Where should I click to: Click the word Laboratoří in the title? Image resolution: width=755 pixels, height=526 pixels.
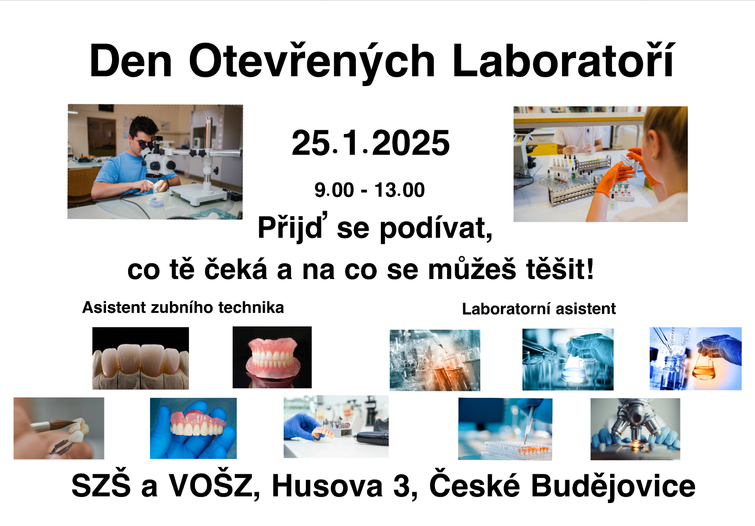[564, 60]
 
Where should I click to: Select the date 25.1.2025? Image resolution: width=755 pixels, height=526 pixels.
[371, 143]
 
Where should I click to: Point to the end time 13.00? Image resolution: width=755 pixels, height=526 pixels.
[400, 190]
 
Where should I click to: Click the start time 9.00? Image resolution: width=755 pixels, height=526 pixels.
[334, 190]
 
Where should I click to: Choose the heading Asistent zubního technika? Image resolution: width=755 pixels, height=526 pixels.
[183, 307]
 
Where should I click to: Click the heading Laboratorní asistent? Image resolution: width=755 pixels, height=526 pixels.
[539, 309]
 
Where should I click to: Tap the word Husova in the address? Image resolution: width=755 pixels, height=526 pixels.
[327, 486]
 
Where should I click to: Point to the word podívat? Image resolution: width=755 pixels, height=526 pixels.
[436, 228]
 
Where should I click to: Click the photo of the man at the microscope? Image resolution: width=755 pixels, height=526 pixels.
[155, 162]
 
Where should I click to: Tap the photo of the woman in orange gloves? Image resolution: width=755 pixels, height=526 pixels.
[600, 164]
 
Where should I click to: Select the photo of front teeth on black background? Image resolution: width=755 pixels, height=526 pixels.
[140, 358]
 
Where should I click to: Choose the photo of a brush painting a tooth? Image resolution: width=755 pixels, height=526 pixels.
[59, 428]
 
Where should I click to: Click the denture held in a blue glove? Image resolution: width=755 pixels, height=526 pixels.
[193, 428]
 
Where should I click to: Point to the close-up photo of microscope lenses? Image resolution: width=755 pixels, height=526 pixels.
[635, 429]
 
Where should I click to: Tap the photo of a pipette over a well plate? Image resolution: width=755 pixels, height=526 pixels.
[505, 429]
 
